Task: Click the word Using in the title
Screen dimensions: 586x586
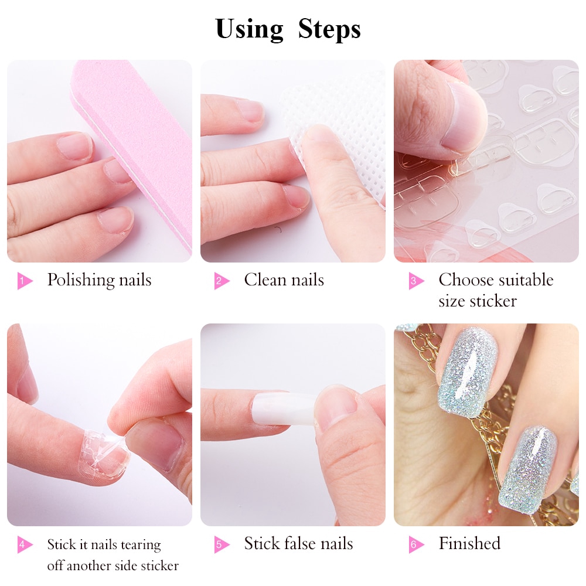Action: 249,29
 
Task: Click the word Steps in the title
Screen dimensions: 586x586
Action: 329,29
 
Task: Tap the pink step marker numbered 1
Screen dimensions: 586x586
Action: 25,281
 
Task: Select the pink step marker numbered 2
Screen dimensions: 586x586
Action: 222,281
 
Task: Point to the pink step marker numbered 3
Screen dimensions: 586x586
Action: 416,281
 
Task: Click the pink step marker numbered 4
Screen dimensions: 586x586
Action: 25,544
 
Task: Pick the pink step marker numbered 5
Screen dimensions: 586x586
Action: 222,544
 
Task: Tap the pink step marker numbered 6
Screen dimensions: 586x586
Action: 416,544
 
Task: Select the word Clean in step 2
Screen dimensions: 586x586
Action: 265,280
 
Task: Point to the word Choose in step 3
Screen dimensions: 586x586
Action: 461,280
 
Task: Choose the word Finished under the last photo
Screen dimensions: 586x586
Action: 469,543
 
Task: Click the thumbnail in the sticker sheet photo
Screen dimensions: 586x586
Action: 465,119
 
